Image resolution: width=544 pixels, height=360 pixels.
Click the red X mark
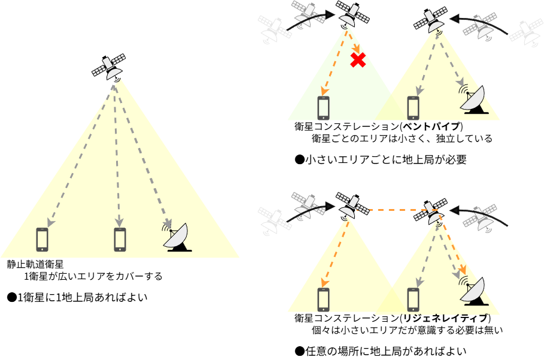[x=358, y=59]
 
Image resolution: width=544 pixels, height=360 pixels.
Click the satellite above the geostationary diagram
[x=109, y=67]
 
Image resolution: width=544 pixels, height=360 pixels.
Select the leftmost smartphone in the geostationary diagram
[x=42, y=239]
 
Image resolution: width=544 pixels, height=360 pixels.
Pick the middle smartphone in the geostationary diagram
[x=120, y=239]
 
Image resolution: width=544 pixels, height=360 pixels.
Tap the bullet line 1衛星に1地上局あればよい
[x=78, y=297]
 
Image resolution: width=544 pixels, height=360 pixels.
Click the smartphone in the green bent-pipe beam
[x=324, y=107]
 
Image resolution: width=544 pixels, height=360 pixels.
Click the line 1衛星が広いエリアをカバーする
[x=93, y=277]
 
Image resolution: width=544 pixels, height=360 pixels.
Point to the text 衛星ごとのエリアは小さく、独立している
[x=402, y=139]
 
